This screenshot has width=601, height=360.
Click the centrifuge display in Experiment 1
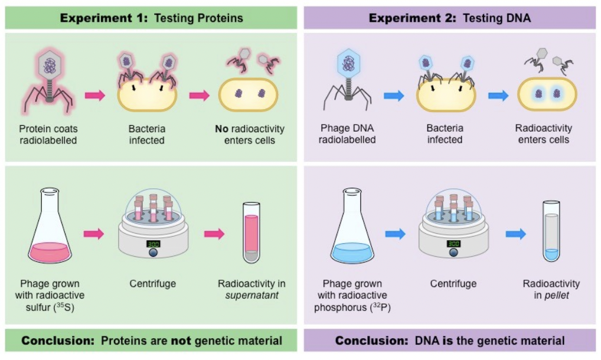153,243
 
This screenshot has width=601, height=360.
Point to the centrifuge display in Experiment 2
453,243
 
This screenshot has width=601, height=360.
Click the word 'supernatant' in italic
248,295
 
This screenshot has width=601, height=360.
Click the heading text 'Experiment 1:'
104,18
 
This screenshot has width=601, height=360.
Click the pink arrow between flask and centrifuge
94,234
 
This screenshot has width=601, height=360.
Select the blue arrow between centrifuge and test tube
515,234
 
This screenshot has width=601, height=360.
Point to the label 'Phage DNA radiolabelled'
347,134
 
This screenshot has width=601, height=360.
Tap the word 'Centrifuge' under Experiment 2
453,284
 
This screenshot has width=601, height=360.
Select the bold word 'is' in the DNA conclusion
435,341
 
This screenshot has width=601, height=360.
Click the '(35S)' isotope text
73,307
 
